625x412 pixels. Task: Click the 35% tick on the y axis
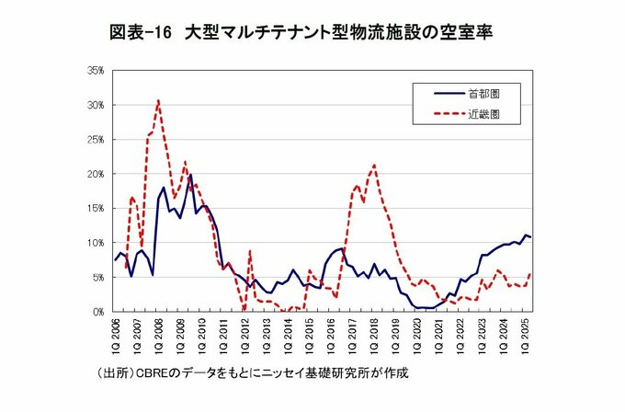coord(96,70)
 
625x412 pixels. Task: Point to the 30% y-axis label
coord(96,105)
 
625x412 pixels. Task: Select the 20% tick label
coord(96,174)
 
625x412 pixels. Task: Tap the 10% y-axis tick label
coord(96,243)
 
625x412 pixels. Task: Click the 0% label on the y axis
coord(98,312)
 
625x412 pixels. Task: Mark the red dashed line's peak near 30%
coord(158,100)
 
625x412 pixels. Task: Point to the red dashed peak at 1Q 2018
coord(374,166)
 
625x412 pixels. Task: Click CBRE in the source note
coord(153,373)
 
